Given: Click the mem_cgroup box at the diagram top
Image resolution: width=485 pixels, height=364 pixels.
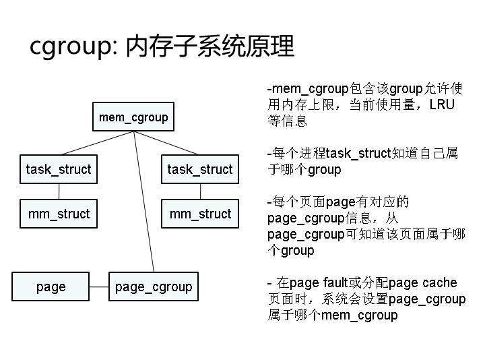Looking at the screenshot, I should pyautogui.click(x=133, y=117).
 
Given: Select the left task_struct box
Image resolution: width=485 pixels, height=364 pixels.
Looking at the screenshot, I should pyautogui.click(x=59, y=169).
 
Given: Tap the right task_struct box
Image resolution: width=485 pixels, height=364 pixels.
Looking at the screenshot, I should pyautogui.click(x=200, y=169).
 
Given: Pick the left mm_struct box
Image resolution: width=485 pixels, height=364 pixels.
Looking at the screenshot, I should pyautogui.click(x=59, y=214).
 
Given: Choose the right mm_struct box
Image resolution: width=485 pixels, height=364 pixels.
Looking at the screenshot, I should pyautogui.click(x=200, y=214).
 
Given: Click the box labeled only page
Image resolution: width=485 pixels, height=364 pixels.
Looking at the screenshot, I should pyautogui.click(x=51, y=286).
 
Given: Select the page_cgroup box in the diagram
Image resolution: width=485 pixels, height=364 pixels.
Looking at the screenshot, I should pyautogui.click(x=154, y=286).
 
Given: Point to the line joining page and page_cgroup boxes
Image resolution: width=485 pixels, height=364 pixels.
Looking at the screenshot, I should pyautogui.click(x=99, y=286).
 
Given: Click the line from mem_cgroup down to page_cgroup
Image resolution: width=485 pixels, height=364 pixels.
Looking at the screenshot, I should pyautogui.click(x=143, y=202).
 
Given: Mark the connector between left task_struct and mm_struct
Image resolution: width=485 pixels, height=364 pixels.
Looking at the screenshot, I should pyautogui.click(x=59, y=191).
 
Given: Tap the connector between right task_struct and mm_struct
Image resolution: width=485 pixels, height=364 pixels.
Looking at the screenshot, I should pyautogui.click(x=200, y=191).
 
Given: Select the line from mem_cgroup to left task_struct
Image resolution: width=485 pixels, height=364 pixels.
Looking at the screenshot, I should pyautogui.click(x=98, y=144).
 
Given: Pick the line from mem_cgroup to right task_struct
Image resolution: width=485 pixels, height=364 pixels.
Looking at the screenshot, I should pyautogui.click(x=168, y=144).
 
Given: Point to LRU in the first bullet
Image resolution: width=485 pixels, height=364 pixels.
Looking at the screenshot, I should pyautogui.click(x=443, y=104).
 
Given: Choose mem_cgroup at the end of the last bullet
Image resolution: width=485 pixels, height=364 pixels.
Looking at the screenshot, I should pyautogui.click(x=360, y=315).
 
